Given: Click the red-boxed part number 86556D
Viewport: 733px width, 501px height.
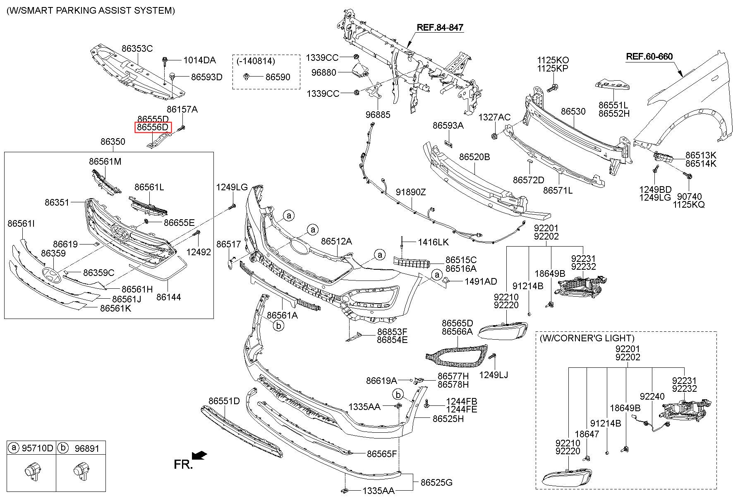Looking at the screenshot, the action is coord(153,127).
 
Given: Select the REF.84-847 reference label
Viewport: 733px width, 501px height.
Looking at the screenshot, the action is coord(440,28).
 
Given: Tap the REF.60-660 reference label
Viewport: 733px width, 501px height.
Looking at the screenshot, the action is coord(649,57).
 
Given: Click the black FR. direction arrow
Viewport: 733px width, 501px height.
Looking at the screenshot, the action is coord(200,455).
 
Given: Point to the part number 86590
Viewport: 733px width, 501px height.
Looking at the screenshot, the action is coord(278,77).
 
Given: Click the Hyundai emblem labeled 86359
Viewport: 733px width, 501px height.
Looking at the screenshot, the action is coord(51,274).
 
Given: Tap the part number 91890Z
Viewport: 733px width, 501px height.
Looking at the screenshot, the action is coord(411,192).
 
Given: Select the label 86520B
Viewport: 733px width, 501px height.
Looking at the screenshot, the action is coord(474,157).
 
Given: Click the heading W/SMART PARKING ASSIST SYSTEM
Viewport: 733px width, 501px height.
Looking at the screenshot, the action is coord(91,10).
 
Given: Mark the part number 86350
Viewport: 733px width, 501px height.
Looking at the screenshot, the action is coord(113,142).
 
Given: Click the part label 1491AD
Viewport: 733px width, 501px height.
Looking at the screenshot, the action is coord(481,282).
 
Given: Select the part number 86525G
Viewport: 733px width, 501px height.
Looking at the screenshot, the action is coord(436,482).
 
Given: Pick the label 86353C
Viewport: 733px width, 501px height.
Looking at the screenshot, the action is coord(137,48).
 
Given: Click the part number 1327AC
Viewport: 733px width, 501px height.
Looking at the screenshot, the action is coord(494,117).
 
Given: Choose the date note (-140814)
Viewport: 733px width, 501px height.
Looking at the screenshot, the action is coord(256,61).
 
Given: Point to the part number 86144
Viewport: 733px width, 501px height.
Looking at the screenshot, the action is coord(168,297).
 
